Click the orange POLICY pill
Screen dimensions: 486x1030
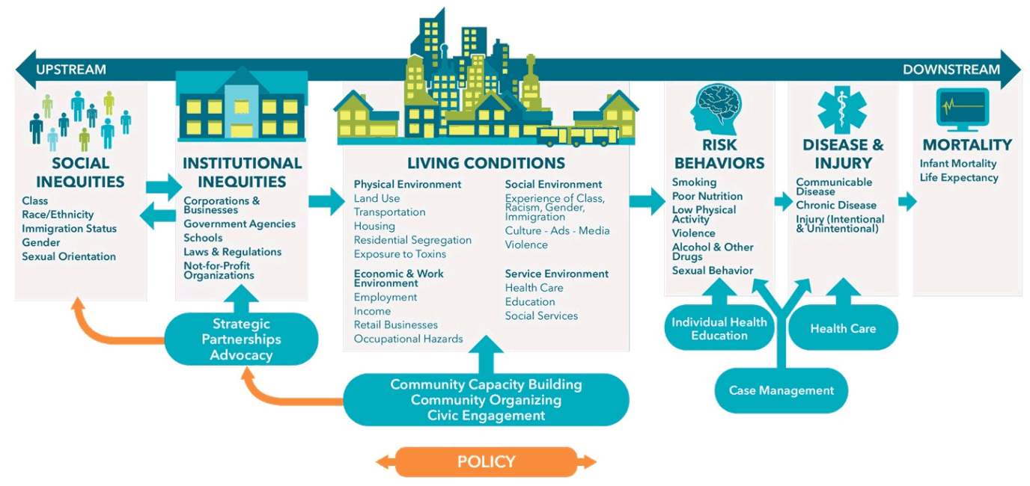pos(486,462)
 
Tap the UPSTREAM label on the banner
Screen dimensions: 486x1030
pos(71,70)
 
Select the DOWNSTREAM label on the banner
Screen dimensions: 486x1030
pos(951,70)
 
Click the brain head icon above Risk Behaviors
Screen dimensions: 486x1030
pos(718,108)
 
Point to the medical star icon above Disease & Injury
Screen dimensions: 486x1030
pos(842,109)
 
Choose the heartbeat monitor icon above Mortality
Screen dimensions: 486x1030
pos(963,109)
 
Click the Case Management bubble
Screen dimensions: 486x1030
pos(781,390)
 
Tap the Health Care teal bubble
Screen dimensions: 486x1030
pos(843,328)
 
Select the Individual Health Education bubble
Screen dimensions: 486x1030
pos(719,328)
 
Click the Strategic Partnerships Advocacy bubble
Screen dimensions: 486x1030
pos(241,339)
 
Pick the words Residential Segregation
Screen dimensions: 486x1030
pos(412,240)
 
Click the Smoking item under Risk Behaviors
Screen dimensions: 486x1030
pos(694,182)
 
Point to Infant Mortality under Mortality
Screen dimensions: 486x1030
pos(958,164)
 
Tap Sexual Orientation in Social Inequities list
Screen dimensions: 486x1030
pos(69,256)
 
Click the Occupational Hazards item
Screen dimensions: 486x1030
pos(408,339)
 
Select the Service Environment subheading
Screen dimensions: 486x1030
pos(556,274)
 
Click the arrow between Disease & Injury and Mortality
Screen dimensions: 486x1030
pos(907,201)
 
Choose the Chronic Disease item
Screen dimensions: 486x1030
pos(835,205)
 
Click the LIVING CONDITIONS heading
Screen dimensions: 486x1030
pos(486,163)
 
